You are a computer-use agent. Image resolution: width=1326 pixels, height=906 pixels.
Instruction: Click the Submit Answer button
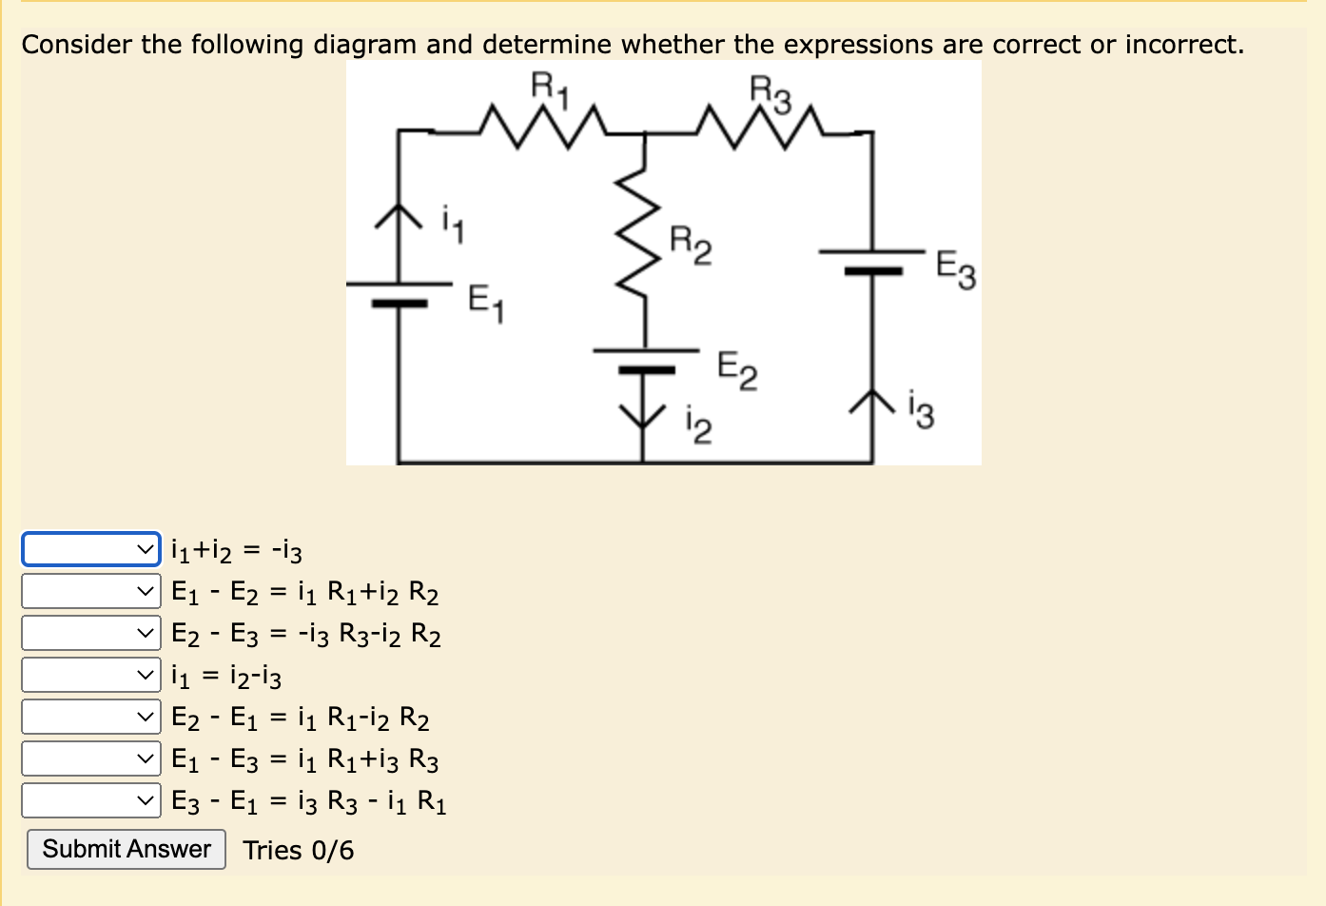point(127,849)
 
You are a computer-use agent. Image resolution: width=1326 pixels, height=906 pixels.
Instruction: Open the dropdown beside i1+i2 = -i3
point(91,548)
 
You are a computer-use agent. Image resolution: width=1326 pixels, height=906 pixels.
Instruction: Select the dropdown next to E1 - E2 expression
point(91,591)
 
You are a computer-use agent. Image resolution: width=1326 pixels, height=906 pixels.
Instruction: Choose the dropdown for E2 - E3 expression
point(91,633)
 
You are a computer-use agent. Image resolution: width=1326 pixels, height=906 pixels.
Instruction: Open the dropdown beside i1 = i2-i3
point(91,675)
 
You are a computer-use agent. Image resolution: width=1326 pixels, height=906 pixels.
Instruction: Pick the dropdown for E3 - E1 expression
point(91,800)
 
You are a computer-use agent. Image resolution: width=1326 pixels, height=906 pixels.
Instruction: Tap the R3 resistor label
point(770,93)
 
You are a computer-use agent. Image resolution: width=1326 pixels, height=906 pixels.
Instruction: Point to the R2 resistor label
point(690,245)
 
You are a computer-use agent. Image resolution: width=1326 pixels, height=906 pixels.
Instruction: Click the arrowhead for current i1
point(397,216)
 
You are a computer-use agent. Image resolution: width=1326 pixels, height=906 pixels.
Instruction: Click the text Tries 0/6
point(298,850)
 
